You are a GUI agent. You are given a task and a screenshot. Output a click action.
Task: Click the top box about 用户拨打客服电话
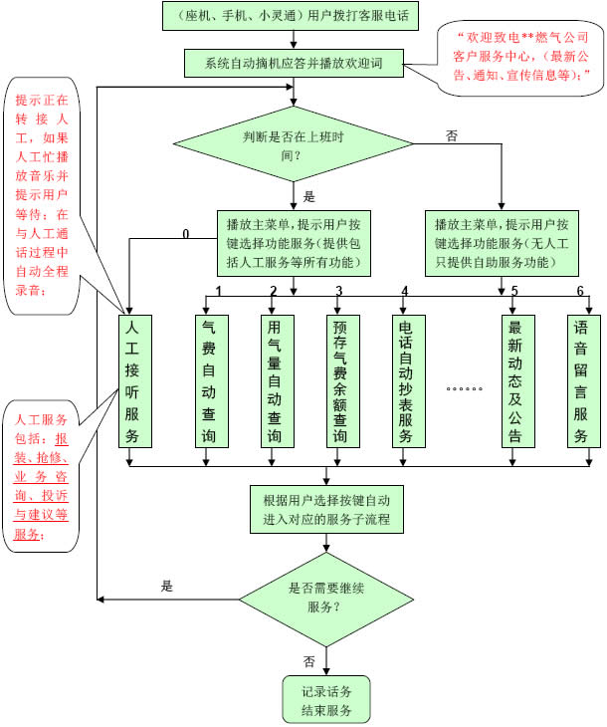(x=293, y=16)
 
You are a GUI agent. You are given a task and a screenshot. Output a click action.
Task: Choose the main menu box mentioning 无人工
(x=502, y=242)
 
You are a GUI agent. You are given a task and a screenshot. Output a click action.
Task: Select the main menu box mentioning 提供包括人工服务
(x=294, y=242)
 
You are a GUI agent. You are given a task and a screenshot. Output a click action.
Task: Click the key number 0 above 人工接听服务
(x=185, y=235)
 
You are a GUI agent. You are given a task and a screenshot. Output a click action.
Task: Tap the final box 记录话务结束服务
(x=326, y=699)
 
